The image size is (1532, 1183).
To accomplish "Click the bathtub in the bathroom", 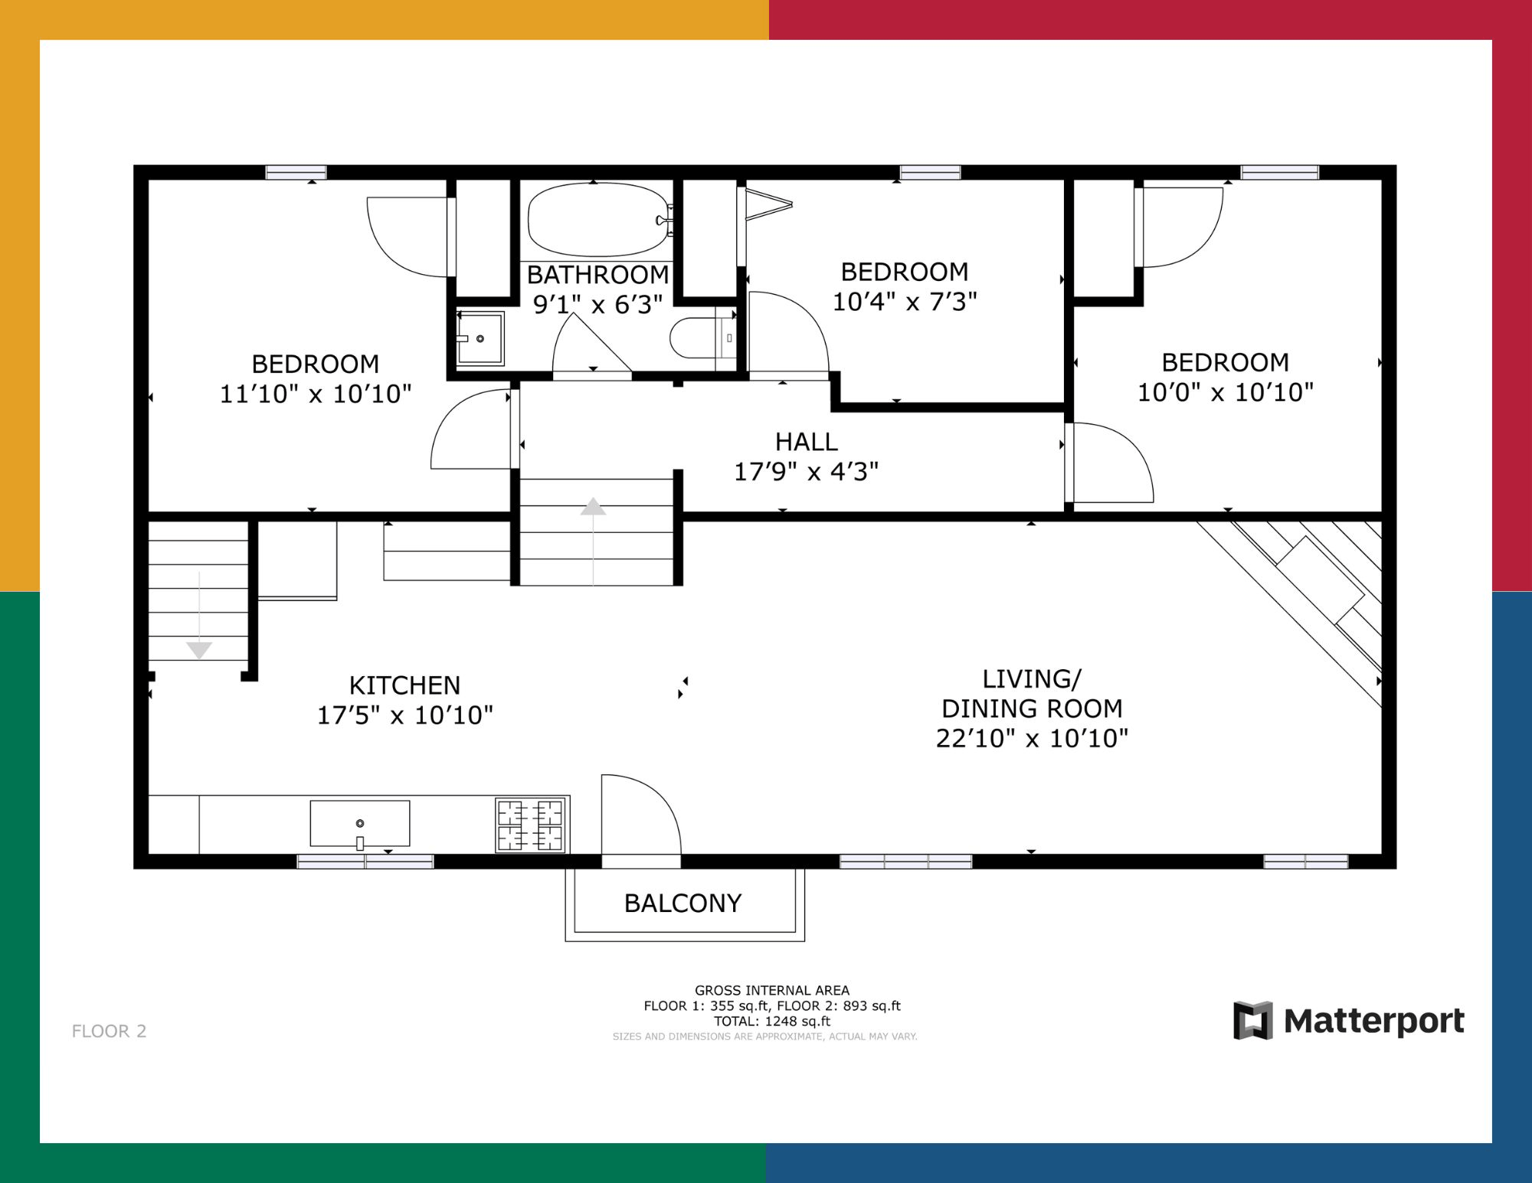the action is point(599,220).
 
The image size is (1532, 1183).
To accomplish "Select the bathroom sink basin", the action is point(480,338).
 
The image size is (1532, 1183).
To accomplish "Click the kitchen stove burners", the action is point(530,825).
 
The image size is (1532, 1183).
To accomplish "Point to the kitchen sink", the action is point(360,824).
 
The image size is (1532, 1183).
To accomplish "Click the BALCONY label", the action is point(683,904).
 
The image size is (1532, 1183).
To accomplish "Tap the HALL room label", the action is point(807,442).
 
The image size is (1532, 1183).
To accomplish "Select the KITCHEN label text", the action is point(404,685).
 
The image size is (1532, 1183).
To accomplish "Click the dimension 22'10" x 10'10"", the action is point(1032,738).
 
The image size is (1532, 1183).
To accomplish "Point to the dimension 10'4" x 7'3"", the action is point(905,302).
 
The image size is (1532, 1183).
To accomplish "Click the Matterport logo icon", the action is point(1253,1021).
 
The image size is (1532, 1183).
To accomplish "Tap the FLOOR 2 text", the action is point(109,1031).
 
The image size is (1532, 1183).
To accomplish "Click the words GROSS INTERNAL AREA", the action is point(772,990).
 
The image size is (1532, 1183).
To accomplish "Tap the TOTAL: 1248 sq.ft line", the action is point(772,1021).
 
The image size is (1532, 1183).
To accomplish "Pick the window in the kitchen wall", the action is point(365,861).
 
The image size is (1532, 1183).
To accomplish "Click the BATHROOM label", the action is point(597,275).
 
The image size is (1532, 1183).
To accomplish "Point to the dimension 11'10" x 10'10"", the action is point(316,394).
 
